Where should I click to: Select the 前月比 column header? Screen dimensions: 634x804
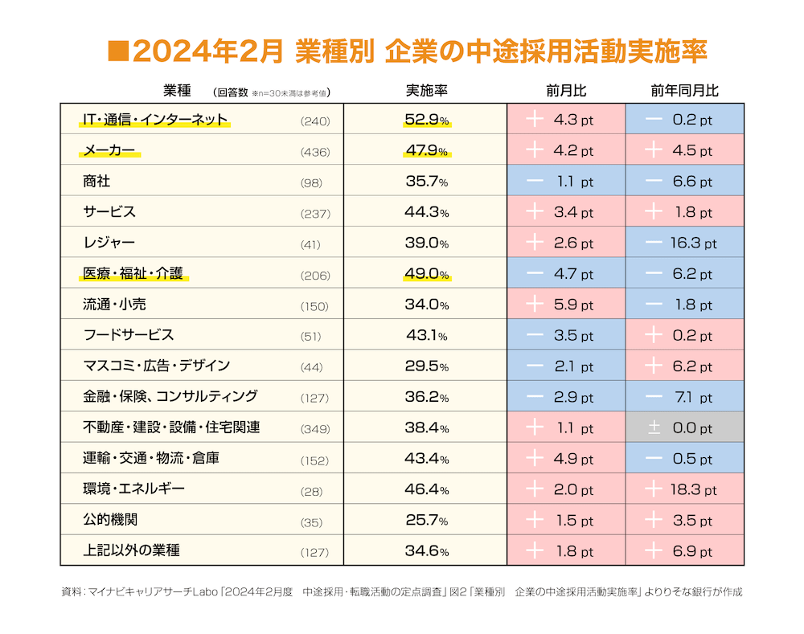[564, 90]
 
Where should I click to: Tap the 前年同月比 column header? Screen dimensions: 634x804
[684, 90]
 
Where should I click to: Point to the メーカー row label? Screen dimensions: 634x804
[110, 151]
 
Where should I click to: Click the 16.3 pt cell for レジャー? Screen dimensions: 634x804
[684, 243]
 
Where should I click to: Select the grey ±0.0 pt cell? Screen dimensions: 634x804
[684, 428]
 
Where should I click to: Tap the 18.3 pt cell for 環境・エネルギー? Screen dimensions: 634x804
[684, 489]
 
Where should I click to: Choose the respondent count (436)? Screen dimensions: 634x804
[315, 152]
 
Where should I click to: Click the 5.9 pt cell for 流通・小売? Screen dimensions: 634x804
[565, 305]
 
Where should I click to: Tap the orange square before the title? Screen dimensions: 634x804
[118, 51]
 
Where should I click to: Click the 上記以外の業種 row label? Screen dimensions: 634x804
[132, 550]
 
